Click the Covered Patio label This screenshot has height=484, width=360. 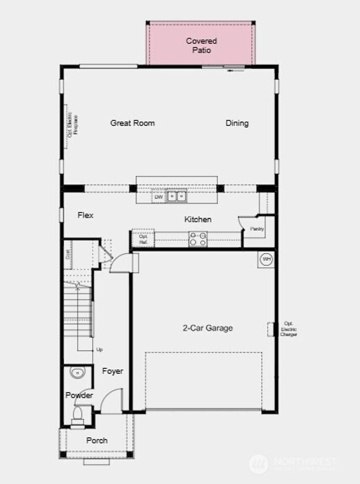[x=201, y=46]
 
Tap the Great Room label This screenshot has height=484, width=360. [x=133, y=123]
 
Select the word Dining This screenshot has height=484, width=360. [x=237, y=123]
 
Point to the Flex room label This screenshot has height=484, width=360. [x=85, y=215]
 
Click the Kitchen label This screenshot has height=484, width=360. [x=198, y=219]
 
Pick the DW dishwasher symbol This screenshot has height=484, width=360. [x=159, y=197]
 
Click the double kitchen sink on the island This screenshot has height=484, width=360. [x=176, y=196]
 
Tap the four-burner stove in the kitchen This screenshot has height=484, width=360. [x=198, y=239]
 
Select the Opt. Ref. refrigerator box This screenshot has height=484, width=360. [x=143, y=239]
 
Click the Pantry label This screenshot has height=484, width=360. [x=257, y=229]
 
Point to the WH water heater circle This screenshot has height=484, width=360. [x=266, y=260]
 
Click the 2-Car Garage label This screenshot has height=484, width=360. [x=208, y=328]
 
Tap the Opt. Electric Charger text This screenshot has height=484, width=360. [x=289, y=329]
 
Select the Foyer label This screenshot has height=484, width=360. [x=112, y=371]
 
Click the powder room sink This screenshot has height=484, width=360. [x=77, y=372]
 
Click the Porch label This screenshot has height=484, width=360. [x=97, y=440]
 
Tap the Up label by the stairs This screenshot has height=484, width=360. [x=99, y=350]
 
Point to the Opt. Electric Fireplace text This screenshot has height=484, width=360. [x=73, y=125]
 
